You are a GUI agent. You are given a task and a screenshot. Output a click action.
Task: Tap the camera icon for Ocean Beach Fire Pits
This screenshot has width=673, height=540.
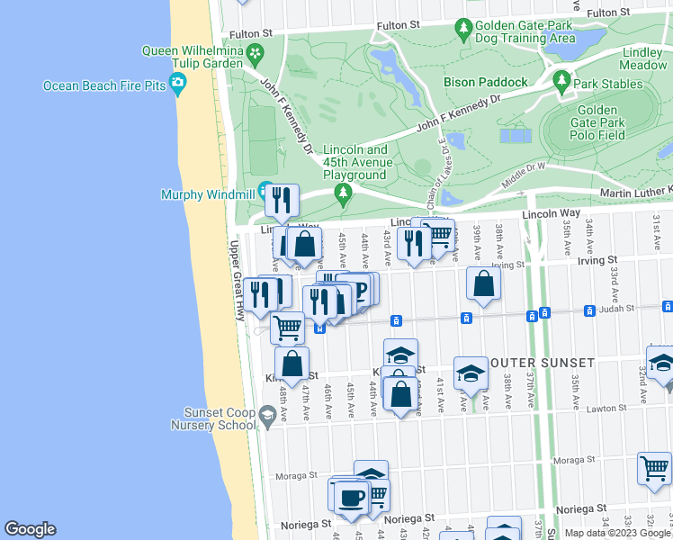(178, 85)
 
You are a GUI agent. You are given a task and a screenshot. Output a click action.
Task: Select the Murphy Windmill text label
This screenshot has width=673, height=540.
(207, 194)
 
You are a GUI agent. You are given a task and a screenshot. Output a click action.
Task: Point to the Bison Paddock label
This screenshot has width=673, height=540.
(485, 82)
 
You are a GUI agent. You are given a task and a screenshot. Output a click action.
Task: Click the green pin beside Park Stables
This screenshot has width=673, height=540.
(562, 82)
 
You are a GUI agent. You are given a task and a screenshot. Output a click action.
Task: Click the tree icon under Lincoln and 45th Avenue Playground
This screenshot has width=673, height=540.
(342, 192)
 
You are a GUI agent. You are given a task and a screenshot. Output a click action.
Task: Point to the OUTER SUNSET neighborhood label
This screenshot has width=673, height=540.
(543, 363)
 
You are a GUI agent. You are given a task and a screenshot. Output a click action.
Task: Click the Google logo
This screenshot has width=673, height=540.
(29, 529)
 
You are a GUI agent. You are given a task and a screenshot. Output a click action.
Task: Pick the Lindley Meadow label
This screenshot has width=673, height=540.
(643, 59)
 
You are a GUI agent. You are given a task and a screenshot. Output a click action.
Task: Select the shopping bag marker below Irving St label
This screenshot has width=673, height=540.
(484, 284)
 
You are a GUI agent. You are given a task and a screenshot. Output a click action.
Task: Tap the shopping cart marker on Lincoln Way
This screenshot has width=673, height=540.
(438, 235)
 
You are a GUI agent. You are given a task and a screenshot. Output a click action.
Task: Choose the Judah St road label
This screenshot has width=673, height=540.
(618, 308)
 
